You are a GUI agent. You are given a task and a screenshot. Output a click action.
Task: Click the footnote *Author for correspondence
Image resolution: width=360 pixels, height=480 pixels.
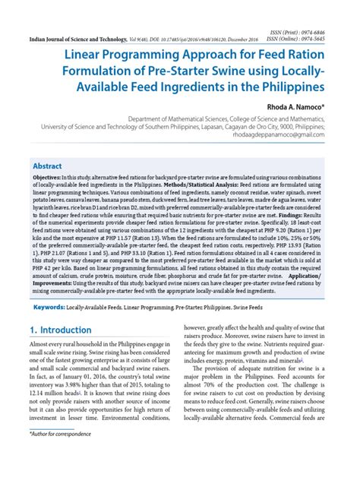tap(60, 456)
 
